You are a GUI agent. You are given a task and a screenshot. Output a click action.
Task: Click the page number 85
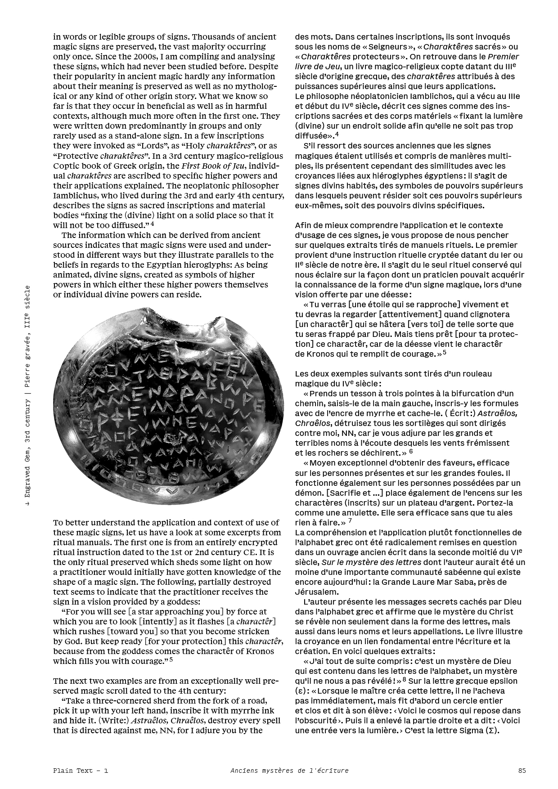[x=522, y=770]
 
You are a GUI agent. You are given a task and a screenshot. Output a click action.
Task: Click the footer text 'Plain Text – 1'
[x=81, y=770]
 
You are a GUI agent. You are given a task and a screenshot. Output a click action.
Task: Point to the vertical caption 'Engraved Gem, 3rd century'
[x=28, y=454]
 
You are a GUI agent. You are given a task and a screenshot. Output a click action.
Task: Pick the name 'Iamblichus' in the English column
[x=73, y=196]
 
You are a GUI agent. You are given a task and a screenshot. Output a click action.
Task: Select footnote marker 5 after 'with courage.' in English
[x=171, y=660]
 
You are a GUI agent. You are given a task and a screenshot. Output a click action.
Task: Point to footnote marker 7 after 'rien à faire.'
[x=350, y=521]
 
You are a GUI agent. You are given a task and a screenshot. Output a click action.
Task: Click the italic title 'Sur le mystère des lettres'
[x=371, y=562]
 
